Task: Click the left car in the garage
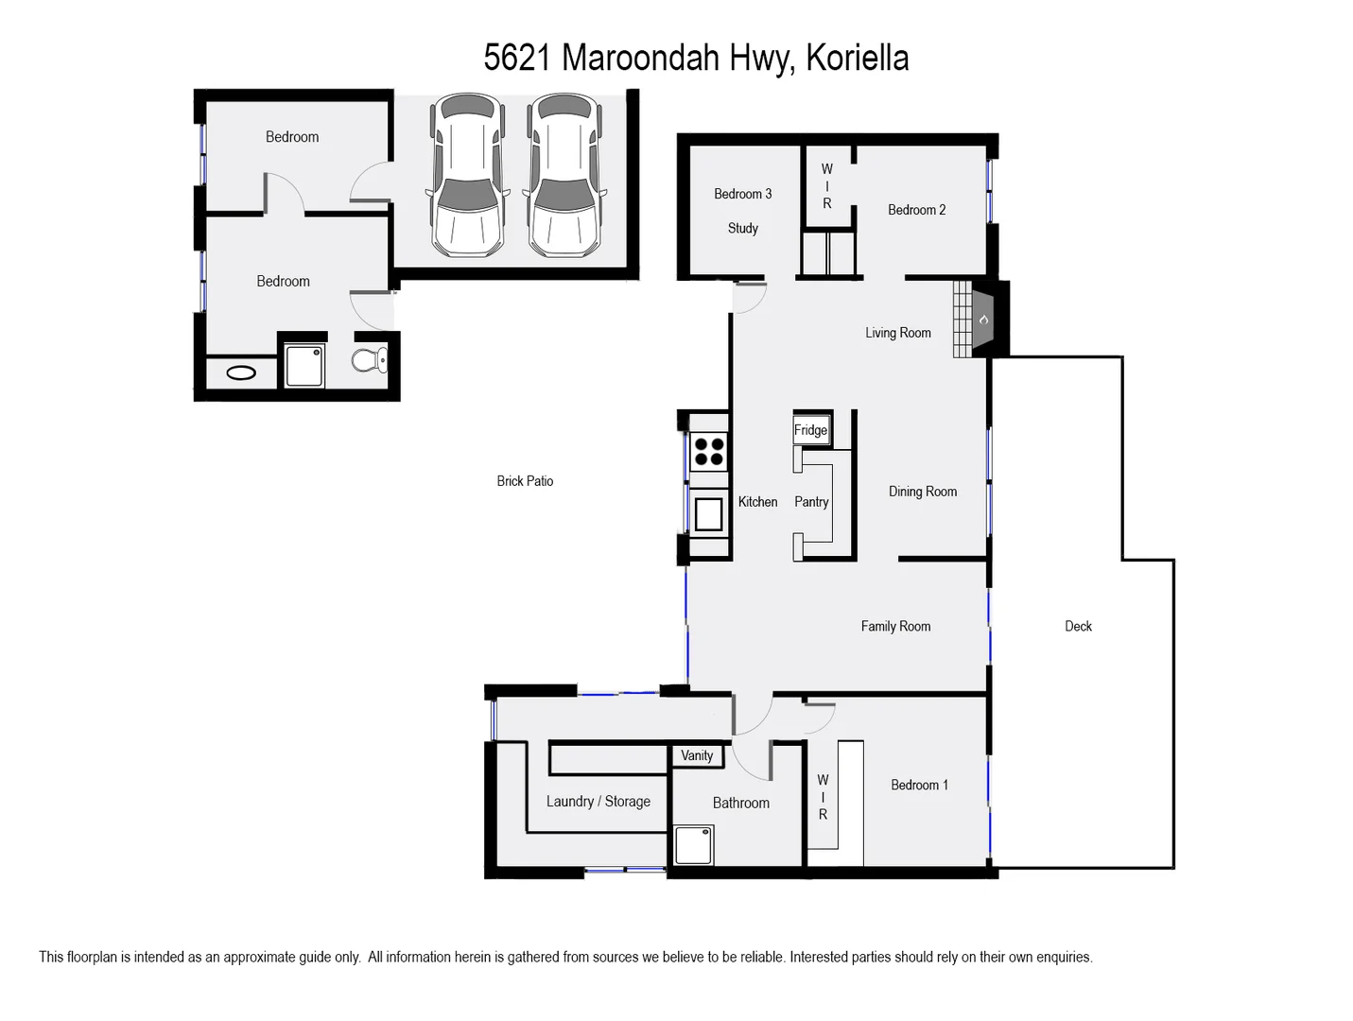[465, 176]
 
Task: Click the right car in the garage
[564, 176]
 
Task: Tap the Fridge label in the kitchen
[810, 430]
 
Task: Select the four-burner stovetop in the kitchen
[709, 451]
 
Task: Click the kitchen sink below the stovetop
[709, 513]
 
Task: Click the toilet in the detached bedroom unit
[370, 359]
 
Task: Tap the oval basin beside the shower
[241, 372]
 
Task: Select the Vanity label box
[697, 755]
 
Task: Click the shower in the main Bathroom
[693, 844]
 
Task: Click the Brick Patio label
[525, 481]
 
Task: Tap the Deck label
[1078, 626]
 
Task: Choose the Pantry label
[811, 502]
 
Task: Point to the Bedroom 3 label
[742, 194]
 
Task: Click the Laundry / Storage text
[598, 802]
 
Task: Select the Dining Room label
[923, 492]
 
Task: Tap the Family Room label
[895, 626]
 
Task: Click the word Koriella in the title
[858, 58]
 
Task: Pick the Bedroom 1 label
[919, 785]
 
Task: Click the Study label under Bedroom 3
[742, 228]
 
